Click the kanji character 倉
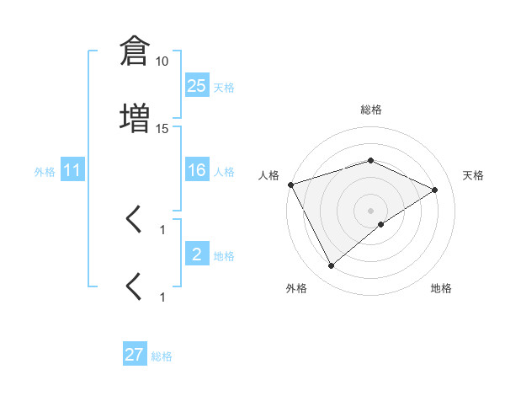(135, 52)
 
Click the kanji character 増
(135, 118)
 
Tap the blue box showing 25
(197, 86)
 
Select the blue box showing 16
(197, 171)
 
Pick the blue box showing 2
(197, 254)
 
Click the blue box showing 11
(72, 171)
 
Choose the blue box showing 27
(135, 355)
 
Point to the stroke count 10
(162, 62)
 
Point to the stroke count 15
(162, 128)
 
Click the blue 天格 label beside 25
(223, 88)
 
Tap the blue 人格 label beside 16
(223, 172)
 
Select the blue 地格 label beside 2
(223, 256)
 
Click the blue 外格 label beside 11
(45, 172)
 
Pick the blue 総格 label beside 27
(162, 356)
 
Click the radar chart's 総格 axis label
(370, 110)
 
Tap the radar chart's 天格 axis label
(473, 175)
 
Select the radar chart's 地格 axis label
(441, 288)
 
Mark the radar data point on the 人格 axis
(290, 184)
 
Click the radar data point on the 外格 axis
(332, 266)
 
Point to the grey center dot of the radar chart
(370, 210)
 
